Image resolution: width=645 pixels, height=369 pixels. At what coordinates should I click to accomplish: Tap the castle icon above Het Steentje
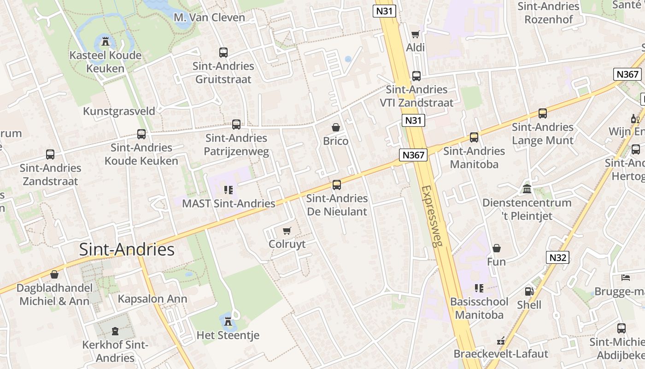(x=228, y=321)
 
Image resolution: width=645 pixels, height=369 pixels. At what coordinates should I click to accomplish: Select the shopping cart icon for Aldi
(x=415, y=34)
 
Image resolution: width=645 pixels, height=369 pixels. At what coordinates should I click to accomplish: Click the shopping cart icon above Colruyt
(x=287, y=231)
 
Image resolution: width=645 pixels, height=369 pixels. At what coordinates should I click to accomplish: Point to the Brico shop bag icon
(x=336, y=127)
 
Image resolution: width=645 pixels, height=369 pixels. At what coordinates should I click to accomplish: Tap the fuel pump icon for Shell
(x=529, y=292)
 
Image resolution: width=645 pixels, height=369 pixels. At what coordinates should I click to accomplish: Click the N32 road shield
(x=557, y=257)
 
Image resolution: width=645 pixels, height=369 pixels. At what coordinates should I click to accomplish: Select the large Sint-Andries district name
(x=127, y=250)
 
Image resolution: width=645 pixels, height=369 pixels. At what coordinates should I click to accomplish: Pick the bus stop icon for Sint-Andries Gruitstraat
(x=223, y=53)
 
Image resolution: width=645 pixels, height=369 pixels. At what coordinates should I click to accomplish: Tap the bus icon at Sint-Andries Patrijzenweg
(x=236, y=125)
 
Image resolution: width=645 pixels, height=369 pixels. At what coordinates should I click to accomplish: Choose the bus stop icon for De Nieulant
(x=337, y=185)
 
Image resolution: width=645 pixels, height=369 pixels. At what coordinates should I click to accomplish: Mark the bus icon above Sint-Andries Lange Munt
(x=543, y=113)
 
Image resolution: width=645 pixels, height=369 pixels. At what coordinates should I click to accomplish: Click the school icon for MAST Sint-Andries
(x=228, y=190)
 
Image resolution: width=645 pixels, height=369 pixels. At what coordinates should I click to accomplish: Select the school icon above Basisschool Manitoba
(x=479, y=288)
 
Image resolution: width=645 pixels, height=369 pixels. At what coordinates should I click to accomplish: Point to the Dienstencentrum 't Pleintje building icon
(x=527, y=189)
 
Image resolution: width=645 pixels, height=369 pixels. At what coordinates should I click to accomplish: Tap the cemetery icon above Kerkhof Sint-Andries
(x=115, y=331)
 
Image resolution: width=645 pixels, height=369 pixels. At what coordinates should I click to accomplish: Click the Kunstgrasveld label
(x=119, y=111)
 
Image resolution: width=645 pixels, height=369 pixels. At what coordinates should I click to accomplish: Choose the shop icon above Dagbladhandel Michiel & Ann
(x=54, y=275)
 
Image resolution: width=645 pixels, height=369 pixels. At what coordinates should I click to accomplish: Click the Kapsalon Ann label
(x=152, y=299)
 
